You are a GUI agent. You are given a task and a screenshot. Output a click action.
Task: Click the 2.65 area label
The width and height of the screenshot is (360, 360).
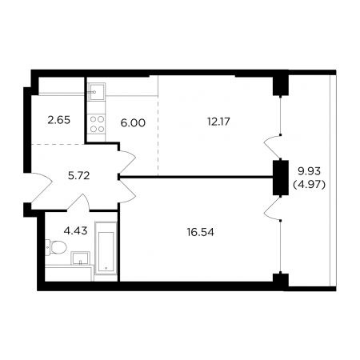pos(58,120)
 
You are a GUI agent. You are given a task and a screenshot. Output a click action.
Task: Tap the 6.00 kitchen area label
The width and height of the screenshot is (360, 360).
pos(133,123)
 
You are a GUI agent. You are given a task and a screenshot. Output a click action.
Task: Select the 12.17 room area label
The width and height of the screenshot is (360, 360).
pos(218,122)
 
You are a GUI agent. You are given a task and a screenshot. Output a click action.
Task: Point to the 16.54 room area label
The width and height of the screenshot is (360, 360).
pos(201,232)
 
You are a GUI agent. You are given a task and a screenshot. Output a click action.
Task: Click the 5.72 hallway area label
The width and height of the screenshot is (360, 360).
pos(78,176)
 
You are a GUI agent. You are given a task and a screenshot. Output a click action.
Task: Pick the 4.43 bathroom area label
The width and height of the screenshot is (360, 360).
pos(75,230)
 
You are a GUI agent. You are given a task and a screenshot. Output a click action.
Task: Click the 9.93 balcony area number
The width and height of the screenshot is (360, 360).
pos(309,171)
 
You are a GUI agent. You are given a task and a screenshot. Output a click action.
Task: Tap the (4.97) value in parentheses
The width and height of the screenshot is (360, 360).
pos(310,185)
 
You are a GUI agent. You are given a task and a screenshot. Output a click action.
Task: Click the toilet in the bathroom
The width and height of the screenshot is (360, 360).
pos(55,247)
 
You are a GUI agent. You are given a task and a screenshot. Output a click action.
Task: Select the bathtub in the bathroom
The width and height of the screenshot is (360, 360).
pos(106,248)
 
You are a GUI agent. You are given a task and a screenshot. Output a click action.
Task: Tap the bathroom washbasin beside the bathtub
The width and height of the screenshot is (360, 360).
pos(80,258)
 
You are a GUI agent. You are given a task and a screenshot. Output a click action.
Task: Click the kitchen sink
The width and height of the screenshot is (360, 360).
pos(97,92)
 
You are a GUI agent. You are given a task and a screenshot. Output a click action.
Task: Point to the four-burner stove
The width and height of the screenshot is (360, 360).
pos(97,124)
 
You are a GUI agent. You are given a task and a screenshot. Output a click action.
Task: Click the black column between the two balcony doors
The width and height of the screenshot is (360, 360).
pos(281,178)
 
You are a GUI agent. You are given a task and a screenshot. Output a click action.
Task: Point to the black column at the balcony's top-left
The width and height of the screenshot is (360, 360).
pos(281,85)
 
